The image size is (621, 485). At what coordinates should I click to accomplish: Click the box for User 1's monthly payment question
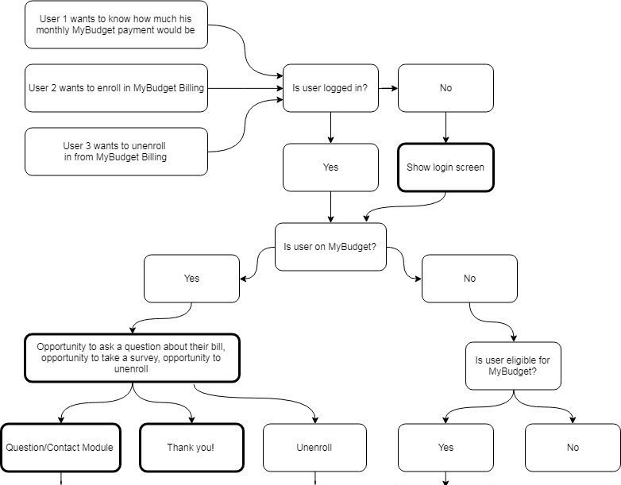116,25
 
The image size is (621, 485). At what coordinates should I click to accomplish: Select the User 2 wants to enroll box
116,88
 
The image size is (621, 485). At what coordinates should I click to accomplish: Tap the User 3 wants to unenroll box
116,152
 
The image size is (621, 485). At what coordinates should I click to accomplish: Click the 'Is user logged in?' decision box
330,88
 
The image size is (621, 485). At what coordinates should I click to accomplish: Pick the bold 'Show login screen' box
445,167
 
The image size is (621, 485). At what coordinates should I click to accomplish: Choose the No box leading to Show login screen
445,88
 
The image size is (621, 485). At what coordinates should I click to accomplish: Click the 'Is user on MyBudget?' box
330,247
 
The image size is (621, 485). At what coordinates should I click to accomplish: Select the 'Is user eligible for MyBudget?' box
513,366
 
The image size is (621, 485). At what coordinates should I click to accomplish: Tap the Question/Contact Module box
60,448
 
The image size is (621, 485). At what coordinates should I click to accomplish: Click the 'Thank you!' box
191,448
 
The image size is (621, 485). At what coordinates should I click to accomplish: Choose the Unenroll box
314,448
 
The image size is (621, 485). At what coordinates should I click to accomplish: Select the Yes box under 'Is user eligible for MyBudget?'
445,448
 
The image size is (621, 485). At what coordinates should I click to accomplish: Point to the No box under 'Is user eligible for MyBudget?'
573,448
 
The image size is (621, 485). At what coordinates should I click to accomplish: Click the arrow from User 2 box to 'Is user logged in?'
245,88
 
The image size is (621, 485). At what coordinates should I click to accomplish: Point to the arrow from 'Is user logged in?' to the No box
388,88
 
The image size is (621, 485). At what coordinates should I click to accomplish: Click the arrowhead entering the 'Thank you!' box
191,420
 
